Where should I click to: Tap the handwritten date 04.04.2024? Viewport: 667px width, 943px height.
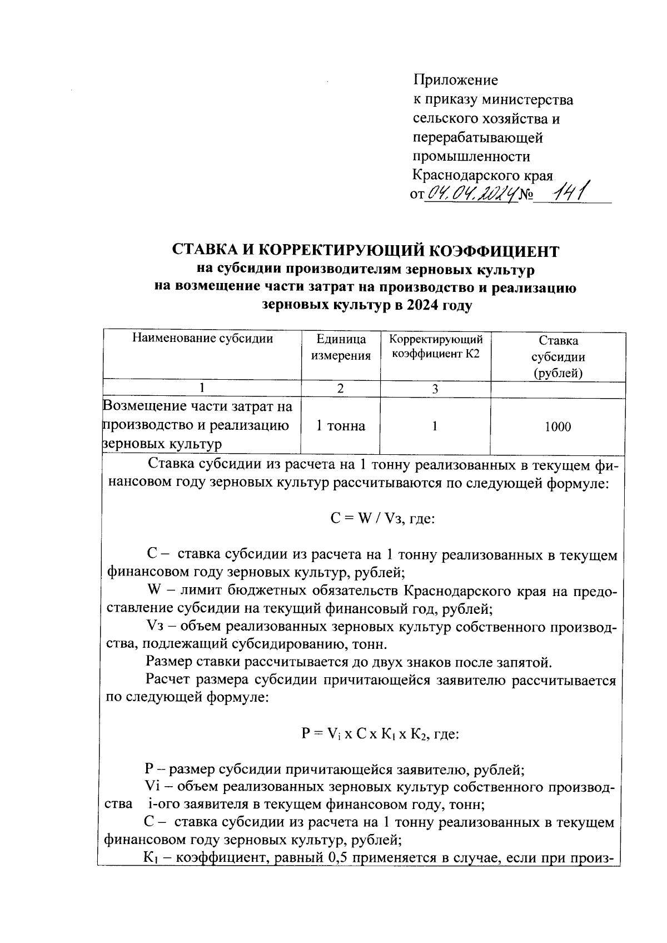coord(471,194)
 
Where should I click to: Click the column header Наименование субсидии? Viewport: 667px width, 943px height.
coord(202,339)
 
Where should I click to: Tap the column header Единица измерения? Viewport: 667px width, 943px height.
coord(341,348)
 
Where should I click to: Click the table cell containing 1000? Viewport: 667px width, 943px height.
coord(558,426)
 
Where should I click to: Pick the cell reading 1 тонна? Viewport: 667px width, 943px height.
coord(341,426)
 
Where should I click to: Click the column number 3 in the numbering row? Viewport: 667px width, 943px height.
coord(435,389)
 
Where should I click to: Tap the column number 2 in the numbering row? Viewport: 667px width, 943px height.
coord(341,389)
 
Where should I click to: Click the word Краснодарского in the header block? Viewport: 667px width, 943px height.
coord(466,175)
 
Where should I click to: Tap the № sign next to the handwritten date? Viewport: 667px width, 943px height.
coord(525,195)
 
